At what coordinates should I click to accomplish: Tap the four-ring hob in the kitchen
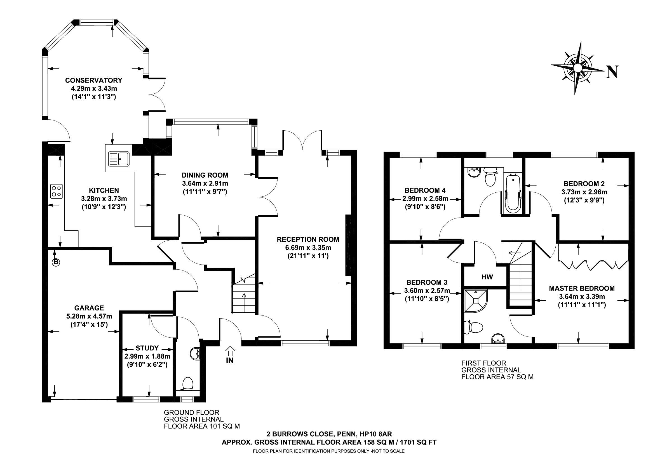pyautogui.click(x=57, y=191)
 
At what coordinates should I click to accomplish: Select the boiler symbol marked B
pyautogui.click(x=55, y=262)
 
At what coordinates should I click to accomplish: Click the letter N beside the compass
pyautogui.click(x=612, y=72)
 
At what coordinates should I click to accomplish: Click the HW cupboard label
pyautogui.click(x=487, y=277)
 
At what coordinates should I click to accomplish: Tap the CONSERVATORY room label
pyautogui.click(x=93, y=80)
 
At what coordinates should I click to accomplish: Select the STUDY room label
pyautogui.click(x=147, y=348)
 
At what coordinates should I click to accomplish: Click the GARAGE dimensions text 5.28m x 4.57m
pyautogui.click(x=89, y=316)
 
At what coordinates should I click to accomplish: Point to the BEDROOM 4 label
pyautogui.click(x=425, y=190)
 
